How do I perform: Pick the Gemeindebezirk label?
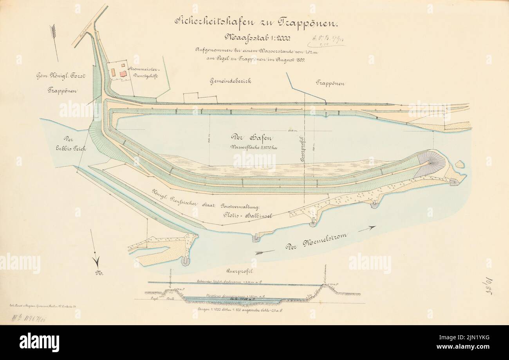pyautogui.click(x=230, y=81)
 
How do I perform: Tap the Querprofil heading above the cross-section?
pyautogui.click(x=238, y=271)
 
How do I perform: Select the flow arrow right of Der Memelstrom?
pyautogui.click(x=367, y=229)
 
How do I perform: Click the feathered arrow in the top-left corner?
pyautogui.click(x=54, y=41)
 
